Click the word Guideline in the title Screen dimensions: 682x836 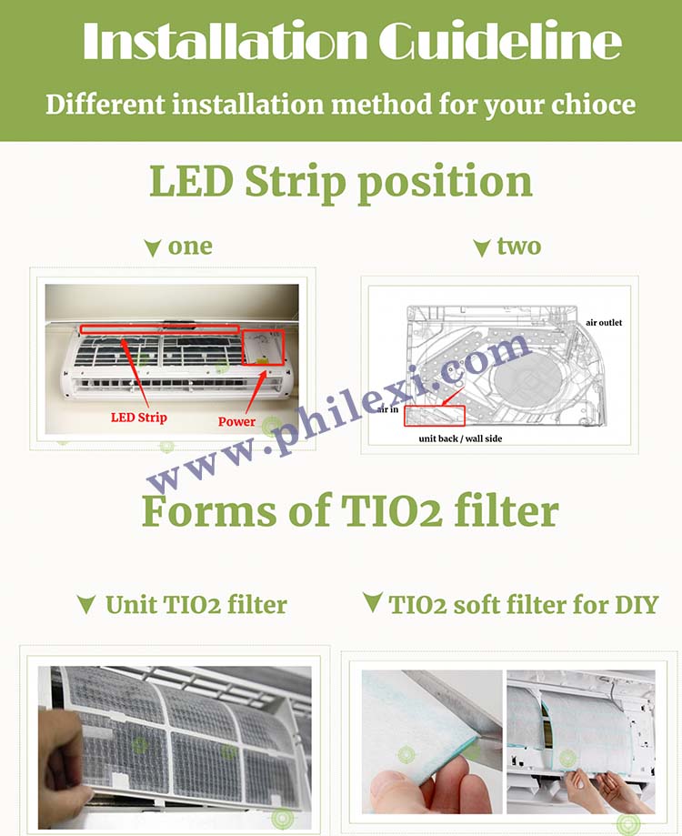click(x=500, y=41)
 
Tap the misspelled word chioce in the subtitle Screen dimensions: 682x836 click(x=593, y=104)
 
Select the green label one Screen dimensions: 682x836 click(x=190, y=247)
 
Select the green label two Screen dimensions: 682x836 click(x=519, y=246)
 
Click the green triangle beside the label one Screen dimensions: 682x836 click(x=153, y=248)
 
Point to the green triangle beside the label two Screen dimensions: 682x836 click(x=482, y=248)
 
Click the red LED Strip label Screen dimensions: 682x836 click(x=138, y=418)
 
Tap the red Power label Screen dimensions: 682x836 click(x=236, y=421)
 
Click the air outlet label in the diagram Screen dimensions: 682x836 click(x=604, y=323)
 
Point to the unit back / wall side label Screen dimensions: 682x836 click(x=460, y=438)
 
